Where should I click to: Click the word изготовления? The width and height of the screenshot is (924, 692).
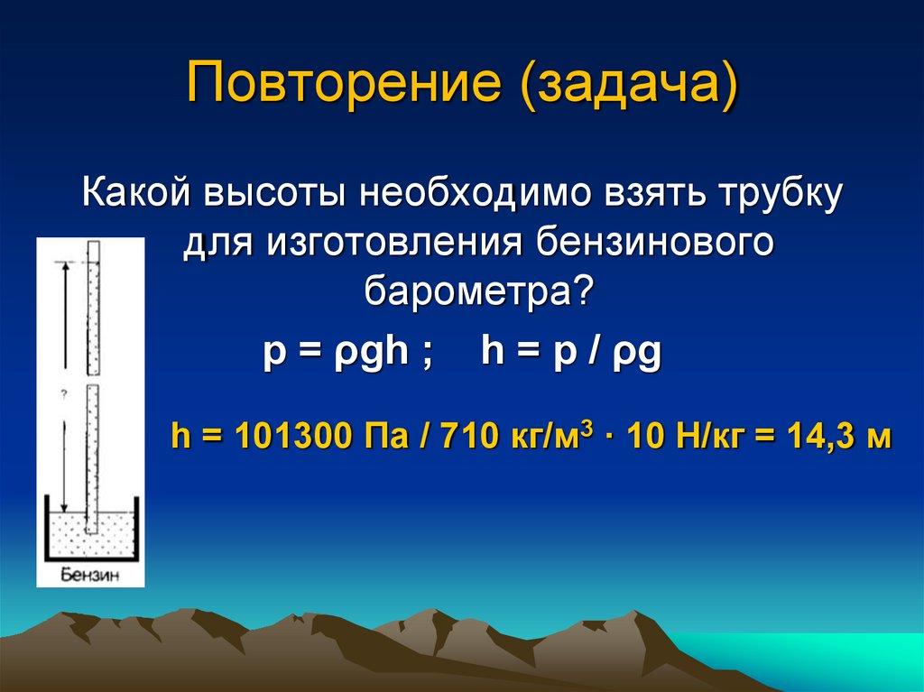pyautogui.click(x=394, y=244)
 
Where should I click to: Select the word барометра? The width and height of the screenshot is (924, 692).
pyautogui.click(x=479, y=291)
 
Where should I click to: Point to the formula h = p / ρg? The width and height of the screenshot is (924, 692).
pyautogui.click(x=571, y=352)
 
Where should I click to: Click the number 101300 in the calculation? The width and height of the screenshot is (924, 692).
pyautogui.click(x=288, y=439)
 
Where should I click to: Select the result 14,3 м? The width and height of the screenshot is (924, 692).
pyautogui.click(x=838, y=439)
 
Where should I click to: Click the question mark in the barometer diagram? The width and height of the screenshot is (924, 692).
pyautogui.click(x=64, y=394)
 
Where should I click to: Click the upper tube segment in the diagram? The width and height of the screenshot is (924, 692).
pyautogui.click(x=93, y=308)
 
